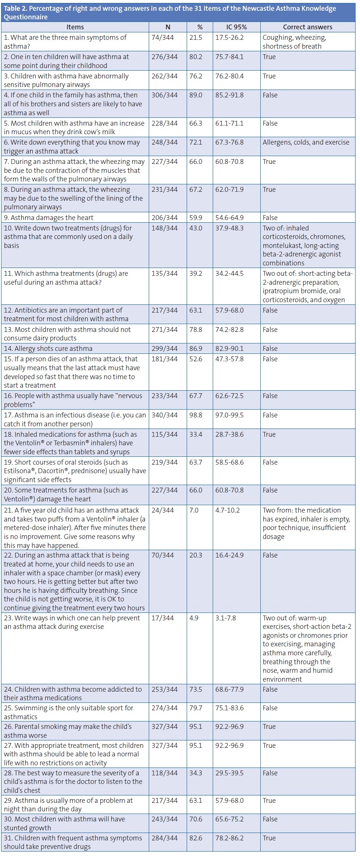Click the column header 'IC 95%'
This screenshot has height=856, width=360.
(x=237, y=27)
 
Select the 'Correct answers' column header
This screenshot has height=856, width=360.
(x=308, y=27)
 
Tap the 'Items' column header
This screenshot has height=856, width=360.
(x=75, y=27)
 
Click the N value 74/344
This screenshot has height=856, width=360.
(x=163, y=38)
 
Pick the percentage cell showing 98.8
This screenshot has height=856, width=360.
(x=196, y=415)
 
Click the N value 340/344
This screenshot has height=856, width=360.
(x=164, y=415)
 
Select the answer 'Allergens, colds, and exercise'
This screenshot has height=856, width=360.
(x=306, y=142)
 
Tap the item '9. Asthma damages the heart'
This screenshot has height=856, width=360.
(x=49, y=218)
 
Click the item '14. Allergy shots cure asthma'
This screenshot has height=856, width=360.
(x=48, y=349)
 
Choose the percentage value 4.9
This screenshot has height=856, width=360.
(x=194, y=618)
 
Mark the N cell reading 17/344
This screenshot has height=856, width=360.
(x=163, y=618)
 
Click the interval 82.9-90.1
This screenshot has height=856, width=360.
(x=229, y=349)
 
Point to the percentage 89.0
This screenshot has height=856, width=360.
(x=196, y=95)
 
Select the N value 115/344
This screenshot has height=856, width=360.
(x=164, y=435)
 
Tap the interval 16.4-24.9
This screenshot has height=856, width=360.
(x=229, y=555)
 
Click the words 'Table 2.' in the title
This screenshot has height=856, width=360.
(x=15, y=9)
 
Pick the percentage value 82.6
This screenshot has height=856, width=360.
(x=196, y=838)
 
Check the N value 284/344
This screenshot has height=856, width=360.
(x=164, y=838)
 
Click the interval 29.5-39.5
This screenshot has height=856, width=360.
(x=229, y=773)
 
